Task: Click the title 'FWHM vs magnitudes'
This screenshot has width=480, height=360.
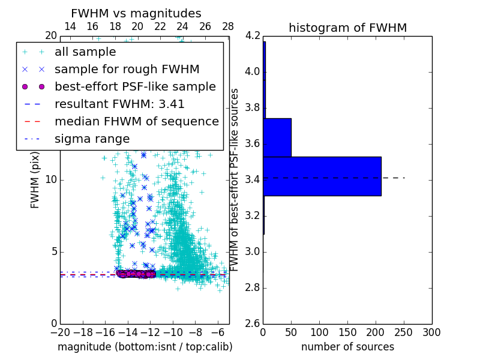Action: point(136,13)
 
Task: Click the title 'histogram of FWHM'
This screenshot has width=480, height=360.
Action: point(347,28)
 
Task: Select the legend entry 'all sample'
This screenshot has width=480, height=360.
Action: point(85,52)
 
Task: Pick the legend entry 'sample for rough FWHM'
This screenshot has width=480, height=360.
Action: point(127,69)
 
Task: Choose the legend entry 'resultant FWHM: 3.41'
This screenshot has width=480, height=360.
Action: point(119,104)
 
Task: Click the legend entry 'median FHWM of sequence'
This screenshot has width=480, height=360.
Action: point(136,121)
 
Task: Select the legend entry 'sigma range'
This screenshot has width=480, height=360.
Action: point(92,139)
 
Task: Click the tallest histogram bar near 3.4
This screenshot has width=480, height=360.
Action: point(322,176)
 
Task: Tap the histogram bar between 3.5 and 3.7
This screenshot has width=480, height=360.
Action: point(277,137)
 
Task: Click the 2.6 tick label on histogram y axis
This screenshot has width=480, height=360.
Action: point(252,323)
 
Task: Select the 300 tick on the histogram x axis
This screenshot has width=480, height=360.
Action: point(431,332)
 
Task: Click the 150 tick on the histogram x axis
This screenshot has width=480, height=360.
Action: point(347,332)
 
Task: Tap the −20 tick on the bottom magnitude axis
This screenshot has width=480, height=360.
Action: point(60,332)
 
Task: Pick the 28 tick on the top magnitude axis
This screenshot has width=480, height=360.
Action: point(228,26)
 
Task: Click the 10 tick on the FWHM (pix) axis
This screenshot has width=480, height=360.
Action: point(51,179)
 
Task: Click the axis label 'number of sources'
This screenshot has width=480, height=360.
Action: point(347,347)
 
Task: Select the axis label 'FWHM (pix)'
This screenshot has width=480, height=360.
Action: point(35,179)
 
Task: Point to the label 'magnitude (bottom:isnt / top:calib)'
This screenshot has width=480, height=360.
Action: point(145,347)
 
